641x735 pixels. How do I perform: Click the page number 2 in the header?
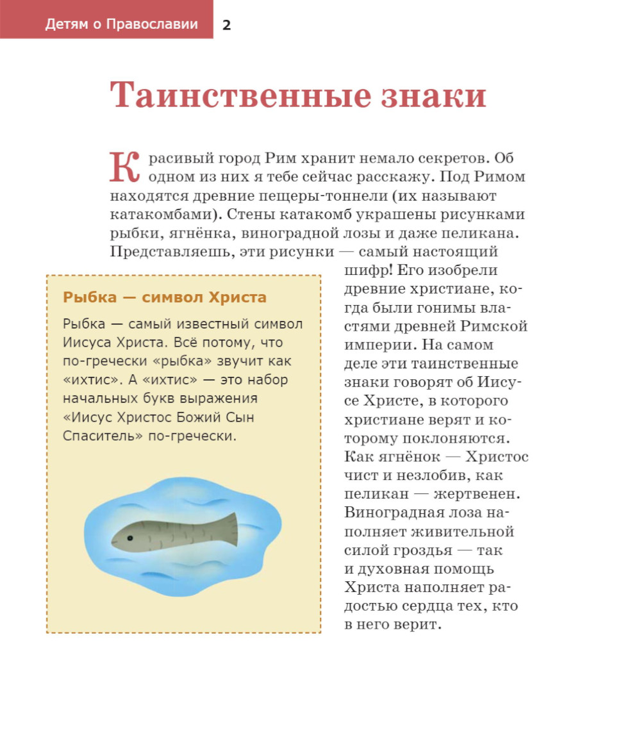click(226, 25)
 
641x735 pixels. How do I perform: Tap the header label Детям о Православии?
click(121, 25)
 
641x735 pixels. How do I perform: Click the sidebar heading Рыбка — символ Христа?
click(164, 297)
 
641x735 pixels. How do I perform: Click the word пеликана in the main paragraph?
click(481, 233)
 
